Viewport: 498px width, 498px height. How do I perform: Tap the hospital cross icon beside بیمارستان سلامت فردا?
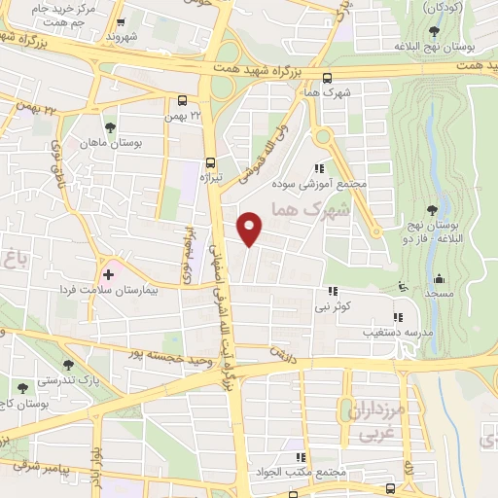coord(109,275)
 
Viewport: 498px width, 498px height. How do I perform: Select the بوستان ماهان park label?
coord(136,142)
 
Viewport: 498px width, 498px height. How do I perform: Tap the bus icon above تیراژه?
coord(211,164)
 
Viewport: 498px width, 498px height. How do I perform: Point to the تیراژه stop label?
coord(211,179)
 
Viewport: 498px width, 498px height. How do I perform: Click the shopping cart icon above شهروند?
coord(121,22)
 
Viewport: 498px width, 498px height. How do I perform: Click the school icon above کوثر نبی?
coord(333,291)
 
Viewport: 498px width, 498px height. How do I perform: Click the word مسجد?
coord(435,292)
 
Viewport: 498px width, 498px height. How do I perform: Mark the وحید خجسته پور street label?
coord(167,352)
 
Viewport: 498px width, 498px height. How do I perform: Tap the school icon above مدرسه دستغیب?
coord(397,317)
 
